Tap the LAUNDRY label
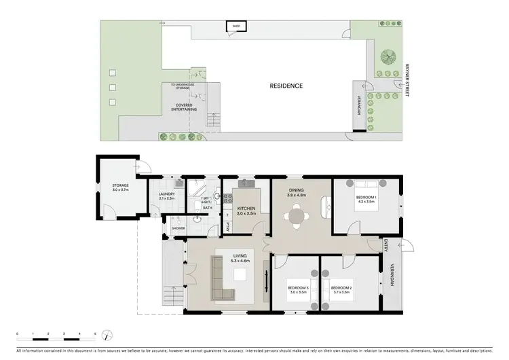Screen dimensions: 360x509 click(x=167, y=194)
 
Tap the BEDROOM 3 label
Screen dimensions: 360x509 click(x=297, y=287)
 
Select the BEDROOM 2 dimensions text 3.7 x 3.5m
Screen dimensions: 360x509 click(x=341, y=292)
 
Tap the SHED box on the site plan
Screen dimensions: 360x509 click(x=236, y=26)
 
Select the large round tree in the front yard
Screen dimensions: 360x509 click(x=389, y=56)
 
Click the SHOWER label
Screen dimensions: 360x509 click(x=178, y=228)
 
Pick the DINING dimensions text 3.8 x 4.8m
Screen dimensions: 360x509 click(x=297, y=195)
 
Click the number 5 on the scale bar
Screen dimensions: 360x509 click(x=95, y=334)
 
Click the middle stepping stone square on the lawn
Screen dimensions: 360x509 click(x=113, y=87)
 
